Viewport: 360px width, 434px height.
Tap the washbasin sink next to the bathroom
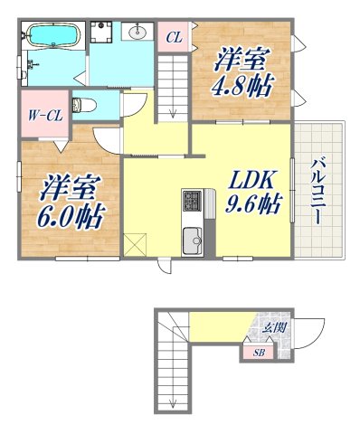138,34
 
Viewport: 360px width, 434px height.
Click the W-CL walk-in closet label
43,114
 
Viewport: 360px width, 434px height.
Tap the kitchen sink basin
193,241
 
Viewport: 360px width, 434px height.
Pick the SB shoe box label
258,351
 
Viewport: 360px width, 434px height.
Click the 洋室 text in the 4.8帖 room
241,61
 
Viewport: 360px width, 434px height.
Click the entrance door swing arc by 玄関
311,331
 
